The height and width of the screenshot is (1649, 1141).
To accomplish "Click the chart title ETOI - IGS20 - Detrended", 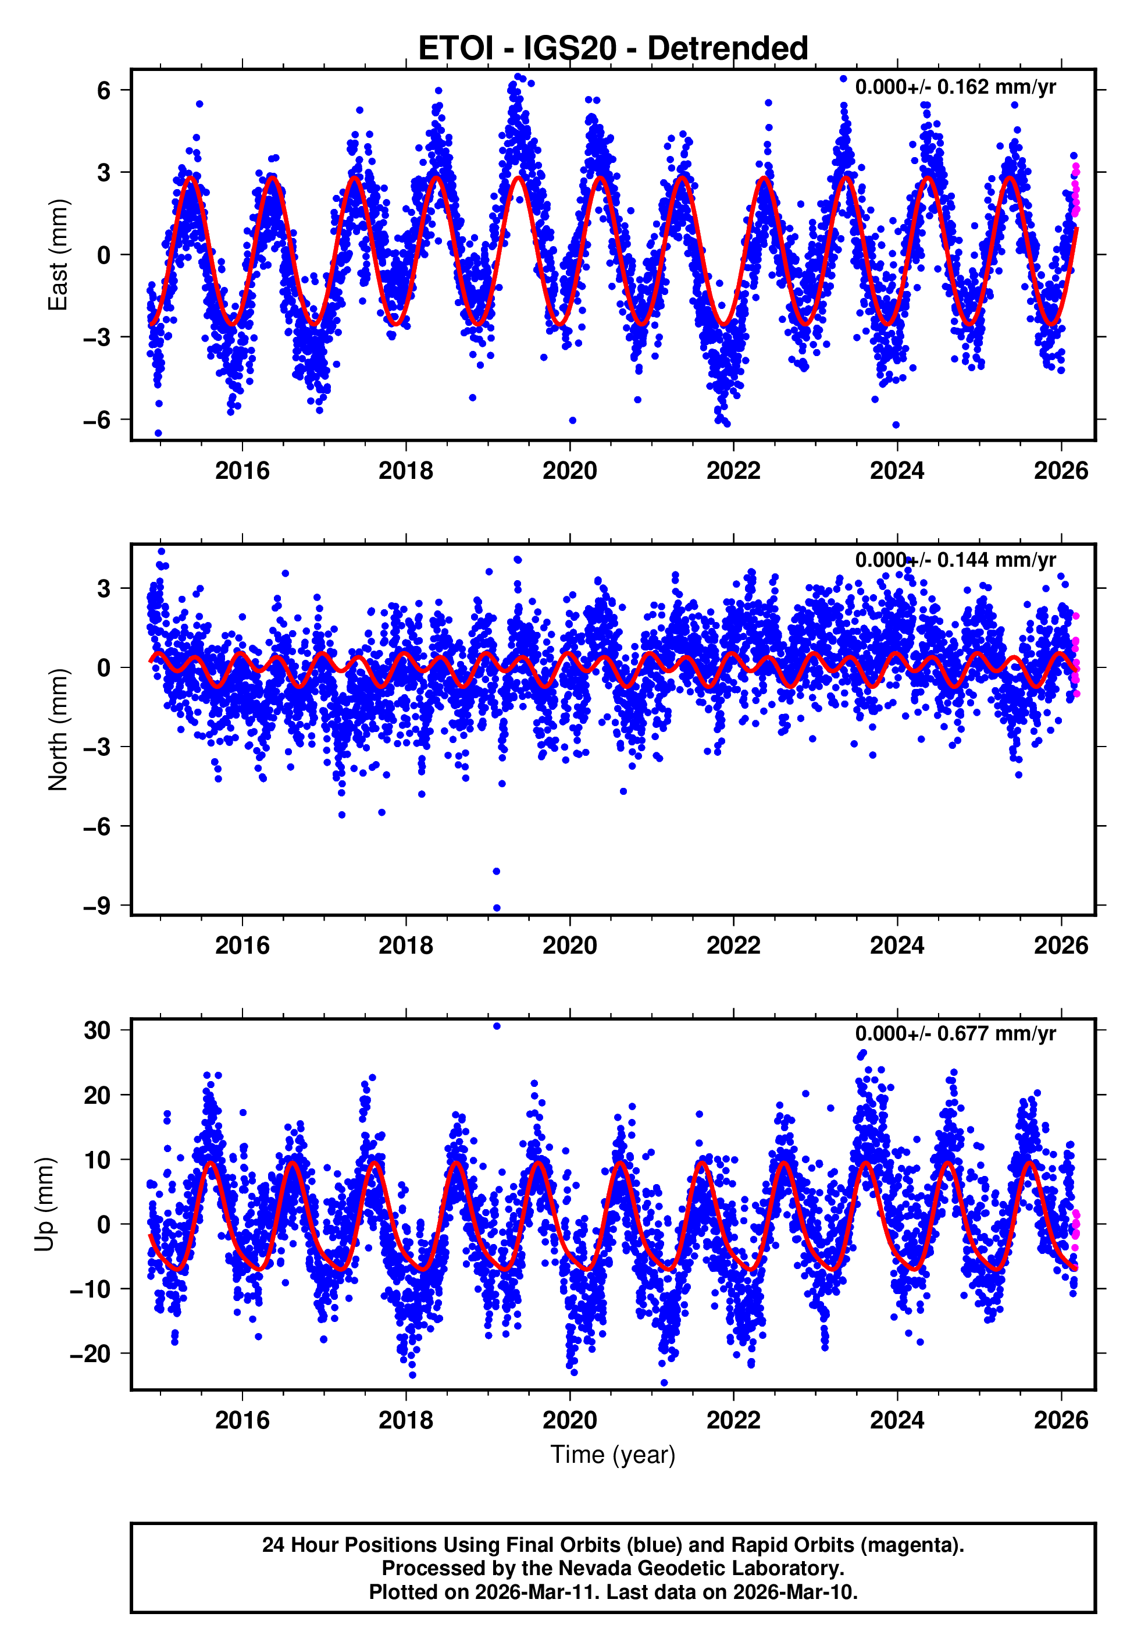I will pos(613,49).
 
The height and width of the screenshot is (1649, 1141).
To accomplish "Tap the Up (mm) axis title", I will pos(44,1204).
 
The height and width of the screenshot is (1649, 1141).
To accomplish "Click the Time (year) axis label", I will pos(613,1455).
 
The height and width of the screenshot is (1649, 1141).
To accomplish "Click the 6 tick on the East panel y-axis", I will pos(104,90).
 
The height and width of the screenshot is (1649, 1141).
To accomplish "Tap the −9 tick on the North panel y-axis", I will pos(97,906).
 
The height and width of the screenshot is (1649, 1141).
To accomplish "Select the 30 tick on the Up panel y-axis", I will pos(97,1030).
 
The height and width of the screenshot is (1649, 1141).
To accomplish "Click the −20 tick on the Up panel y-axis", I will pos(90,1353).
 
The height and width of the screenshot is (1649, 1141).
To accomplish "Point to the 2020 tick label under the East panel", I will pos(569,471).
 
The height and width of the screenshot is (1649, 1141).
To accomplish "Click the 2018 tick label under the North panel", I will pos(405,946).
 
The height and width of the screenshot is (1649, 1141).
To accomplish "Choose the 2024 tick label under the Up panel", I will pos(897,1420).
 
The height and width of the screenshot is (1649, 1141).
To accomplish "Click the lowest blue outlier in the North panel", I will pos(497,908).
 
